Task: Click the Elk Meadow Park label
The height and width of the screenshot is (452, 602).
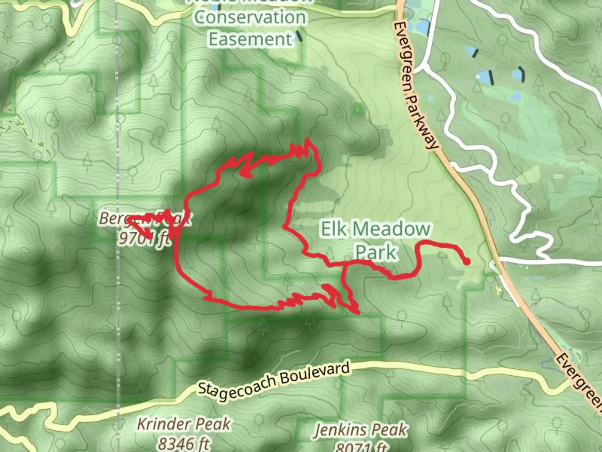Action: point(375,240)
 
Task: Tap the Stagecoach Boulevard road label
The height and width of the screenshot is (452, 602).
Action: point(274,380)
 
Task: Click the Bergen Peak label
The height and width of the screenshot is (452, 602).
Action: point(145,218)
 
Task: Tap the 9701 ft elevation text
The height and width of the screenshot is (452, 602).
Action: point(145,238)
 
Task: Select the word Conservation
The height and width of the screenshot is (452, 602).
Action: point(250,18)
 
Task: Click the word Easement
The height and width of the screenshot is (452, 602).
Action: point(250,39)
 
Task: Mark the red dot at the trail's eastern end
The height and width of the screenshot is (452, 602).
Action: point(467,262)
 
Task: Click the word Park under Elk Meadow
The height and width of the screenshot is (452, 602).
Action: point(375,252)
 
